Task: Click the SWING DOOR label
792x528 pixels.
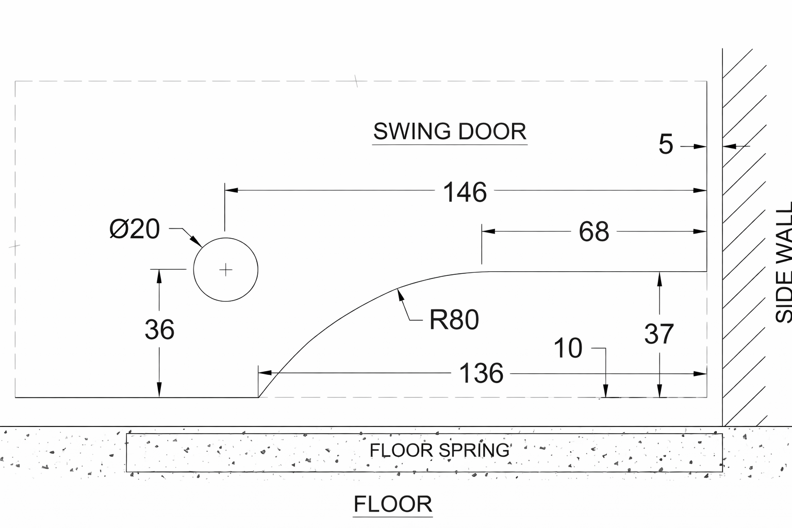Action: point(450,131)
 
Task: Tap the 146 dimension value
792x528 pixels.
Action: point(465,192)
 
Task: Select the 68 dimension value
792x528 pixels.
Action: point(593,232)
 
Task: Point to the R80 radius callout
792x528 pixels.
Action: point(454,320)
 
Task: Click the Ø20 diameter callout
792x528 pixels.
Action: point(135,229)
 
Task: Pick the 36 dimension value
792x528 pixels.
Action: point(159,330)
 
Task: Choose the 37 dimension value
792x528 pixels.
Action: point(659,334)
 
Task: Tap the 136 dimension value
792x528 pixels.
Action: point(481,373)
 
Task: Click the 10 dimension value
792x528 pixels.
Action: point(568,348)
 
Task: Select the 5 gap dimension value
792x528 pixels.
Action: point(666,144)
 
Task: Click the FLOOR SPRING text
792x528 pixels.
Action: point(439,451)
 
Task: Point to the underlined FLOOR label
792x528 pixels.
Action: point(393,504)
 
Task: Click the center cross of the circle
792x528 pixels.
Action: point(226,270)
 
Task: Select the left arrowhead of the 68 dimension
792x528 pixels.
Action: point(488,232)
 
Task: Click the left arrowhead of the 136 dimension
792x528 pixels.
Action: point(264,373)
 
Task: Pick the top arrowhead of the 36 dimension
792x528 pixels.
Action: point(159,275)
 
